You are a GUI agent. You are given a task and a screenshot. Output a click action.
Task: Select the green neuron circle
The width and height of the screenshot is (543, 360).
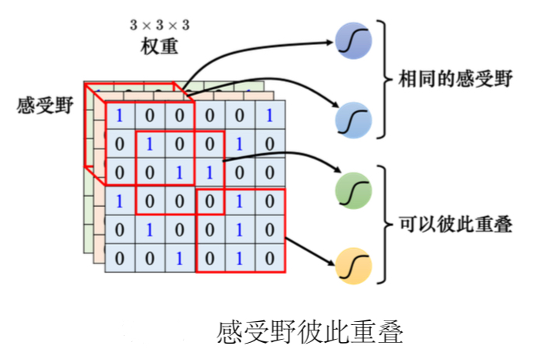[x=353, y=189]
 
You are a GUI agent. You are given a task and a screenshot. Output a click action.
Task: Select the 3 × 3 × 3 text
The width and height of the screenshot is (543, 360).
[x=159, y=26]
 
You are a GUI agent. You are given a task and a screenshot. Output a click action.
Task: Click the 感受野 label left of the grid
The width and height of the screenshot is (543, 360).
[x=44, y=107]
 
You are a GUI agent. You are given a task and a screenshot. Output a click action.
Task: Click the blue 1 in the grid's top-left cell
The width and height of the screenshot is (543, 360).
[x=120, y=117]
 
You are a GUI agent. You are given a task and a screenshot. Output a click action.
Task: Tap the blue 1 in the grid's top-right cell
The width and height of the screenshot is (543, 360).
[x=268, y=117]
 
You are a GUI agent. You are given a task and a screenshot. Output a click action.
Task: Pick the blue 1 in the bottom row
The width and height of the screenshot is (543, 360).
[x=180, y=257]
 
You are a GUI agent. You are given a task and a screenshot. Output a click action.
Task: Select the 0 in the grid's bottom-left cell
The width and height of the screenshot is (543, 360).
[x=120, y=257]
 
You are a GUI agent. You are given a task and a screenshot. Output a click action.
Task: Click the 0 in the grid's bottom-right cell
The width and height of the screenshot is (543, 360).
[x=268, y=257]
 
